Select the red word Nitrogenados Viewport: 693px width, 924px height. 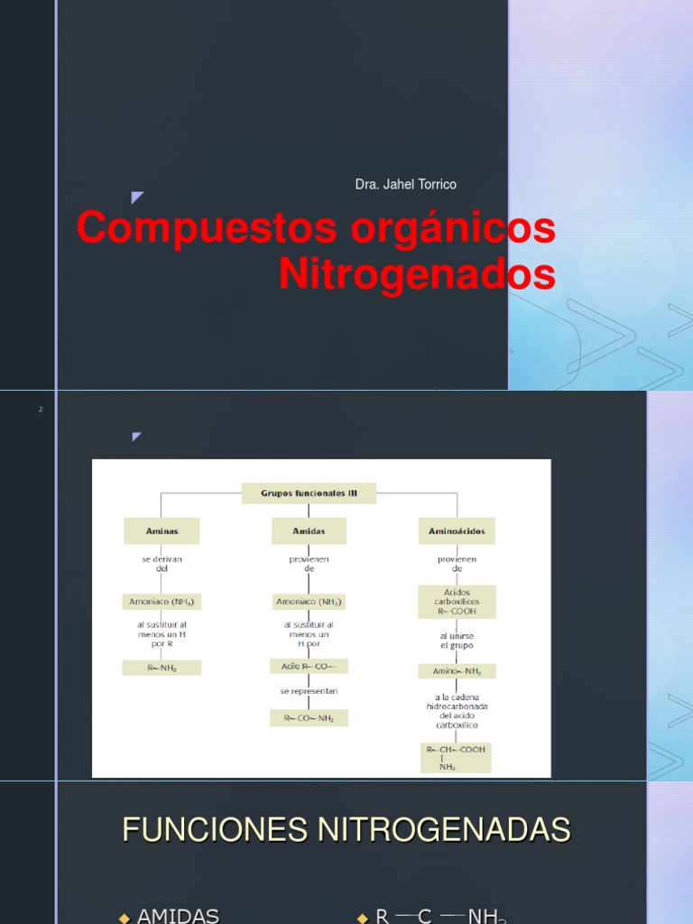click(417, 274)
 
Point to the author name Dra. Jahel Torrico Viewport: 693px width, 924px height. click(406, 184)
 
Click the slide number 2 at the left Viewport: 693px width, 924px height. click(41, 410)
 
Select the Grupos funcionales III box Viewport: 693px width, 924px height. click(309, 494)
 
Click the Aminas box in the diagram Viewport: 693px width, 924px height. click(162, 531)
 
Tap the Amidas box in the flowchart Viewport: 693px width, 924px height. click(309, 531)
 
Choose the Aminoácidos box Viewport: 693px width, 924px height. click(457, 531)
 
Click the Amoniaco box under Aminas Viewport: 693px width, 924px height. click(162, 601)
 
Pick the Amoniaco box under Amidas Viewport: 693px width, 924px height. click(309, 601)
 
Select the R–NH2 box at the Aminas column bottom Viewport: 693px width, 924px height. click(162, 668)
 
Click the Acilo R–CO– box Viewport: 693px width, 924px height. click(309, 666)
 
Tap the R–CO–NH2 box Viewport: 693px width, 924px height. click(309, 718)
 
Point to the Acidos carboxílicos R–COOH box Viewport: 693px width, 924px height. click(457, 603)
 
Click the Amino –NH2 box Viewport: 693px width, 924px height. click(457, 670)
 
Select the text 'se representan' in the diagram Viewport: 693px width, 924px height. click(309, 691)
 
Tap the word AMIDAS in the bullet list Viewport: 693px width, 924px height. click(178, 916)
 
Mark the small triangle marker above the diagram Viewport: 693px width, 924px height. click(136, 437)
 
